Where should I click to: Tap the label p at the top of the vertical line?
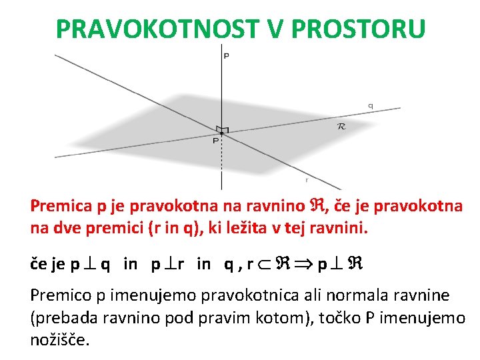click(x=226, y=56)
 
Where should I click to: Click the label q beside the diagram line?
click(x=370, y=105)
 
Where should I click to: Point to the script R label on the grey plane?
click(x=342, y=125)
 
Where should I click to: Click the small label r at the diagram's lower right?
click(x=306, y=179)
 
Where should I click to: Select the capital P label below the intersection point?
click(x=215, y=141)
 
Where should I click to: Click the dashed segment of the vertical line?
click(x=222, y=160)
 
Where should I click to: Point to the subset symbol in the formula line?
click(x=264, y=264)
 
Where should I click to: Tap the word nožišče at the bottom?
click(x=59, y=339)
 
